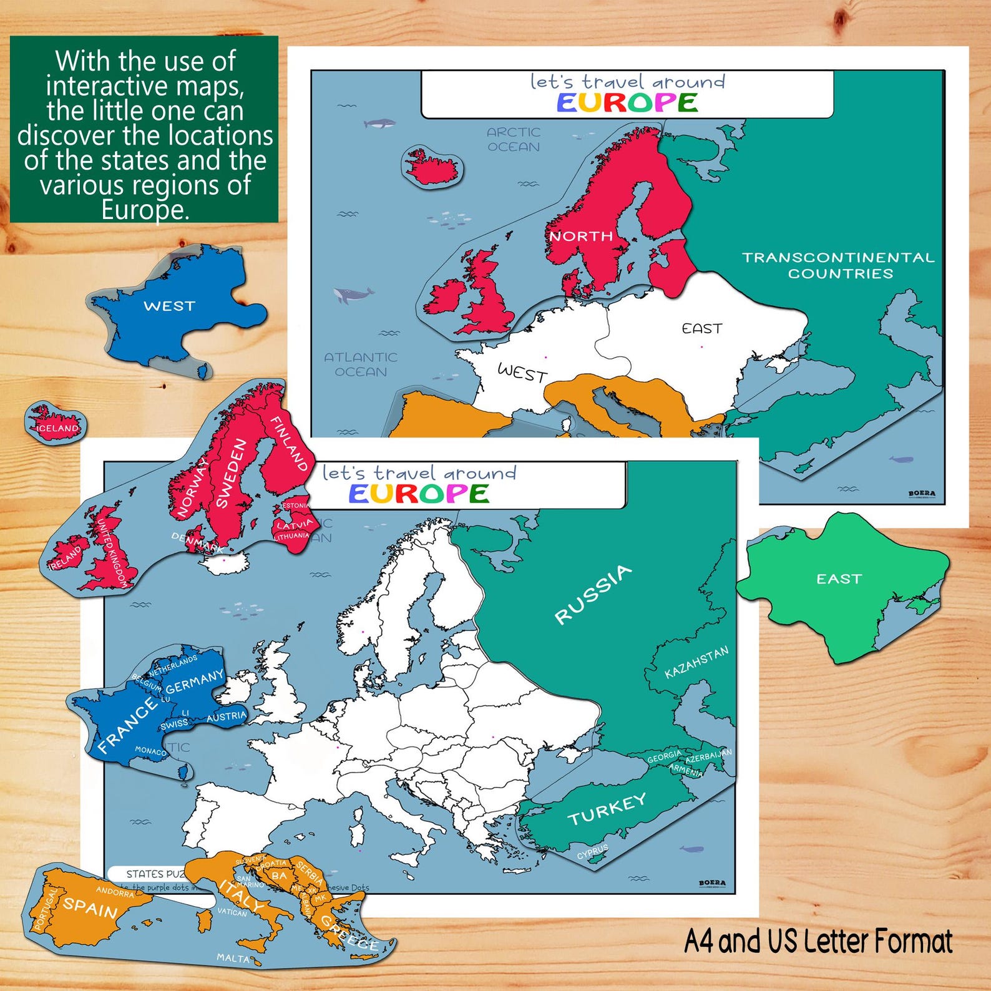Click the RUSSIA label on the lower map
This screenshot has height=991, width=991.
593,593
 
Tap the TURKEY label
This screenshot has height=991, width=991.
607,809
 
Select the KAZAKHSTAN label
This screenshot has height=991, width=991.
696,663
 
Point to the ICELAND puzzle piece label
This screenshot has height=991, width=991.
58,428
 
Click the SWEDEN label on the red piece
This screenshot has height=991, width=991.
232,472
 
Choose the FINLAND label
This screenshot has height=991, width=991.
288,443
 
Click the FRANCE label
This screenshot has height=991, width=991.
127,726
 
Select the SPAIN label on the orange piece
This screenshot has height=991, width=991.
90,907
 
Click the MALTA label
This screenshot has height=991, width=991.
233,957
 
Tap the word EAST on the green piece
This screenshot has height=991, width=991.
839,579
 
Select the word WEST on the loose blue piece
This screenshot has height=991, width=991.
169,306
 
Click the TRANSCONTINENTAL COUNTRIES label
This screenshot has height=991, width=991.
839,265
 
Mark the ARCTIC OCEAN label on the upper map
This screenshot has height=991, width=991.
514,139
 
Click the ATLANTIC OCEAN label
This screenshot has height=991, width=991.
361,364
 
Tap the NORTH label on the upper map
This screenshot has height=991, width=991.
580,236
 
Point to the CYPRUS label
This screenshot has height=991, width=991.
592,852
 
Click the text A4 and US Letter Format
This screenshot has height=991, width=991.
818,941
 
